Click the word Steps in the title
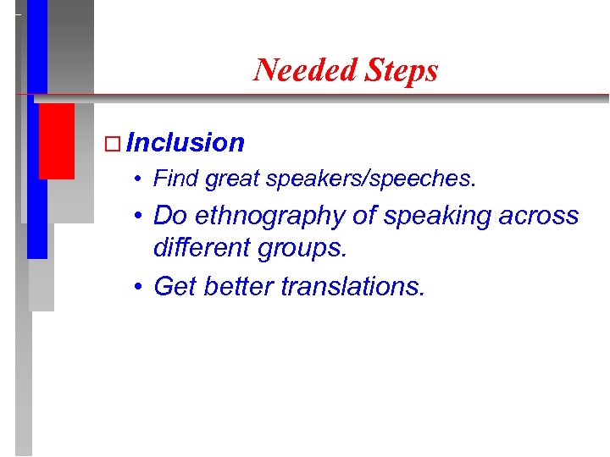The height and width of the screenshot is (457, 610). [x=402, y=69]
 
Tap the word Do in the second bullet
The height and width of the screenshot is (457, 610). [x=170, y=215]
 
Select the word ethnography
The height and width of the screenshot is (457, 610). [x=270, y=217]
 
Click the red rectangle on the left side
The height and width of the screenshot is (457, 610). [x=56, y=140]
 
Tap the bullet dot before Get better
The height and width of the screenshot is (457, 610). [x=138, y=288]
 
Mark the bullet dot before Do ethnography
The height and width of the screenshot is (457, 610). [x=138, y=217]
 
